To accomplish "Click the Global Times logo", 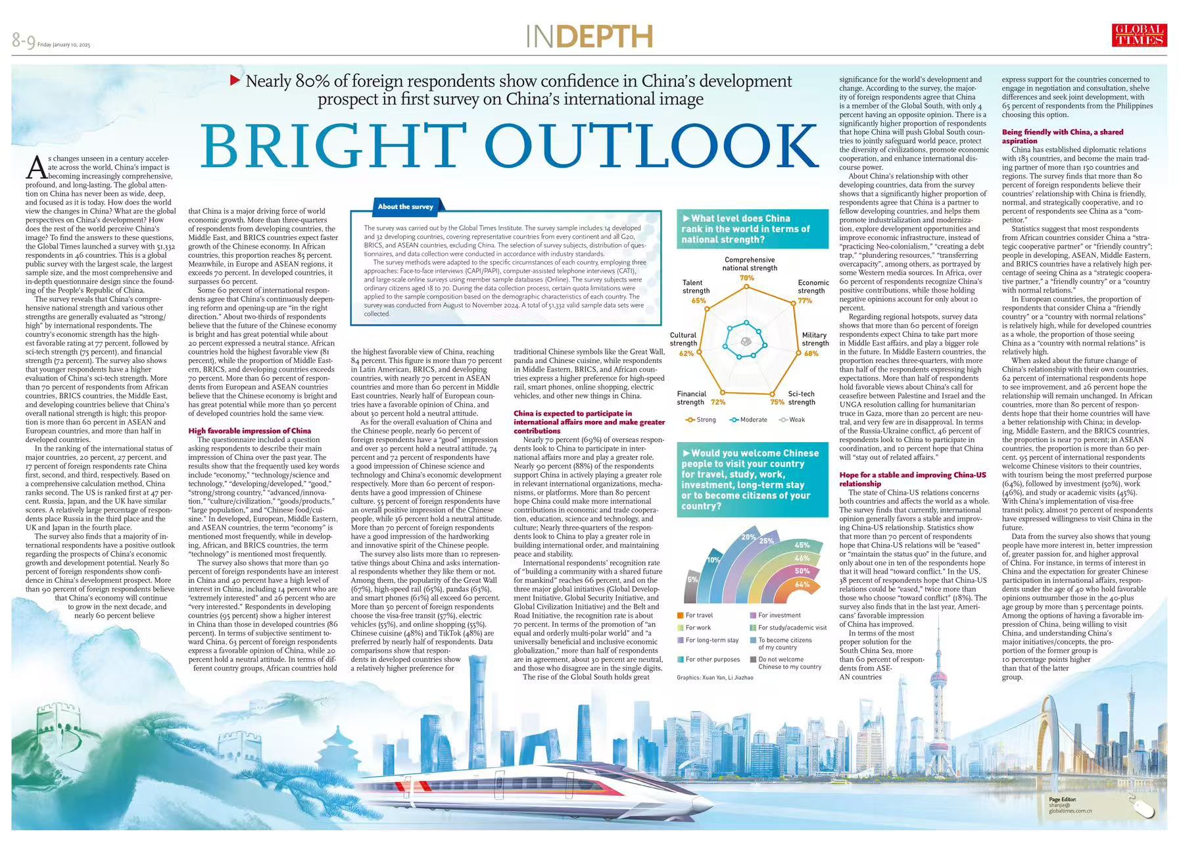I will pos(1139,36).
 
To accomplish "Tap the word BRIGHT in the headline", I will pos(334,145).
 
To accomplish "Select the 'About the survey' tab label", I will pos(405,207).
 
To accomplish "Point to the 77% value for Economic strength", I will pos(805,301).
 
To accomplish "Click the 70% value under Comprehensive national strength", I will pos(746,278).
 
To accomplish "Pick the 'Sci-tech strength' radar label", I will pos(801,398).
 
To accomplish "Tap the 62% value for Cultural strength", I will pos(686,353).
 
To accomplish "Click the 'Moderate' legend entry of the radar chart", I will pos(749,420).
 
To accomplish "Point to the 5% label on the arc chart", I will pos(692,580).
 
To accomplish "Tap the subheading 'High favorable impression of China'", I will pos(250,431).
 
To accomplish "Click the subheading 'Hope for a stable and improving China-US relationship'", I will pos(913,479).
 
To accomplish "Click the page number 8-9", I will pos(23,41).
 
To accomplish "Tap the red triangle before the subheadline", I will pos(235,81).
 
